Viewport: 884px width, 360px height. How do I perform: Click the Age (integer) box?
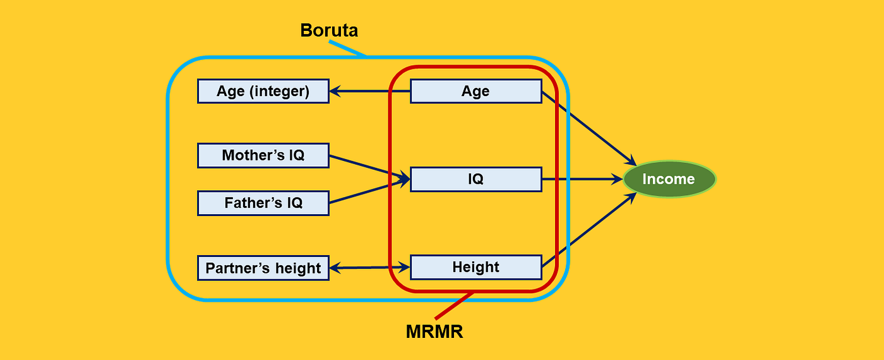(263, 91)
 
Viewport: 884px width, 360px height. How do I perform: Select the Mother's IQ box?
(263, 155)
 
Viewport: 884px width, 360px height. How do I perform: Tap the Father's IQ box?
(263, 203)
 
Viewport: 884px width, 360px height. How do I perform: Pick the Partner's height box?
(263, 268)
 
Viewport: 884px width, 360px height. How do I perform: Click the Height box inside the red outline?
(475, 267)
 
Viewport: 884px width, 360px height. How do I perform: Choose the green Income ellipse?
(669, 179)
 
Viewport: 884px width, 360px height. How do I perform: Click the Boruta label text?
(329, 30)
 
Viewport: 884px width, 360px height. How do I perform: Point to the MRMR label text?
(434, 332)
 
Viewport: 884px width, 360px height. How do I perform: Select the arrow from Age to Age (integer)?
(369, 92)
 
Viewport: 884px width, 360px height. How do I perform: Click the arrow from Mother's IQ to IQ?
(366, 167)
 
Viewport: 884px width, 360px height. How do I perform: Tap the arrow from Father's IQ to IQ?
(366, 192)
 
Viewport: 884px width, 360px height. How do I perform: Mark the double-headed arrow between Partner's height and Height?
(369, 268)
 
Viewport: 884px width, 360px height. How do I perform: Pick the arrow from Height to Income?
(587, 231)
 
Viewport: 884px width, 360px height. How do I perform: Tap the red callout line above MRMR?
(453, 306)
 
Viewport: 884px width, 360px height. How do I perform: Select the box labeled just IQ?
(475, 179)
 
